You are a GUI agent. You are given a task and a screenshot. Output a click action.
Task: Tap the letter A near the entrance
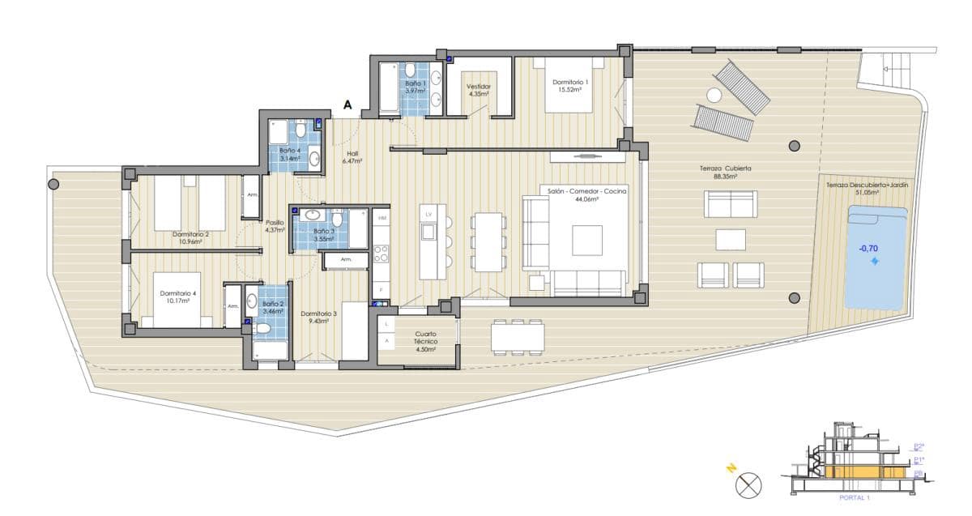coord(348,104)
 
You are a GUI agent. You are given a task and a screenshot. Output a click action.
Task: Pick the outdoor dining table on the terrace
coord(517,335)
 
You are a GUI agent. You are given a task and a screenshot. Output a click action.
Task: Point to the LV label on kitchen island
coord(429,213)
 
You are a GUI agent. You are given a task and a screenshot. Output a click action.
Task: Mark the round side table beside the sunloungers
coord(714,95)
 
